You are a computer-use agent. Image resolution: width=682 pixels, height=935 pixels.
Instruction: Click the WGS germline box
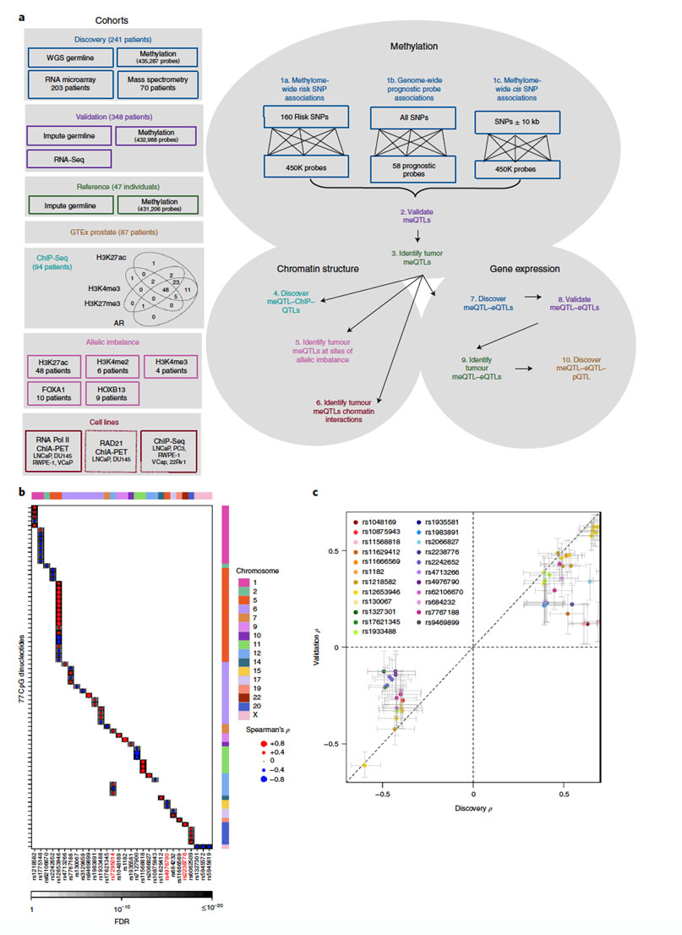pyautogui.click(x=68, y=56)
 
